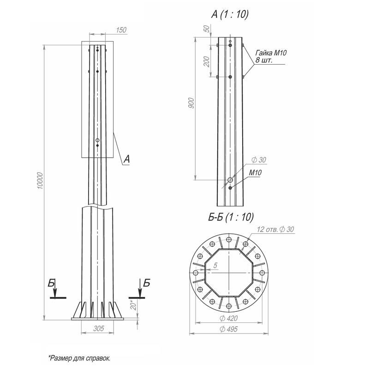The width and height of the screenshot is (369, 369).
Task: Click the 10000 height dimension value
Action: click(x=40, y=181)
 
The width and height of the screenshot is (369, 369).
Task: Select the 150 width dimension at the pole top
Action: click(x=121, y=30)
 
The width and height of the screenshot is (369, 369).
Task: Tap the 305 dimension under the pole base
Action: click(x=99, y=328)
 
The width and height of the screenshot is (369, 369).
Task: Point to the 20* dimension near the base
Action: click(x=133, y=305)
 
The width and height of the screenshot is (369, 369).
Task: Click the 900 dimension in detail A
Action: click(x=191, y=103)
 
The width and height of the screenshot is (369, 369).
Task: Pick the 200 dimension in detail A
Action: click(x=206, y=61)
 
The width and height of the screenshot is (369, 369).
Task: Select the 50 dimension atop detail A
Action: click(x=206, y=29)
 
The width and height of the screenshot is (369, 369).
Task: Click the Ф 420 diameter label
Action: click(x=229, y=318)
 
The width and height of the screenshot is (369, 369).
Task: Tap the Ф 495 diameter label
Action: click(x=229, y=329)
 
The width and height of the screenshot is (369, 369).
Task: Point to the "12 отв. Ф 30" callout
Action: click(x=275, y=229)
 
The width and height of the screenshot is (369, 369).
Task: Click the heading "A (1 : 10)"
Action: click(x=230, y=14)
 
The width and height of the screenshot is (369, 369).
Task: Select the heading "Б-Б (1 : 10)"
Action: click(x=231, y=217)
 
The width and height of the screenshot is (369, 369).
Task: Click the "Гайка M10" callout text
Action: click(x=271, y=53)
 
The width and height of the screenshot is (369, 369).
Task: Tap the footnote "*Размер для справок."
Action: click(x=79, y=358)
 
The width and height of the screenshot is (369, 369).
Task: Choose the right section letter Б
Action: click(x=146, y=283)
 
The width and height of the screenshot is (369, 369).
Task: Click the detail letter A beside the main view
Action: click(x=126, y=159)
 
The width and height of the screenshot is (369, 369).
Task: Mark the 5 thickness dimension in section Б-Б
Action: click(x=215, y=266)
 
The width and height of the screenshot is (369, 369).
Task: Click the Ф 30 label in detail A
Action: click(x=259, y=160)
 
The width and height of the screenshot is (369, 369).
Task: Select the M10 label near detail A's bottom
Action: click(x=256, y=173)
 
